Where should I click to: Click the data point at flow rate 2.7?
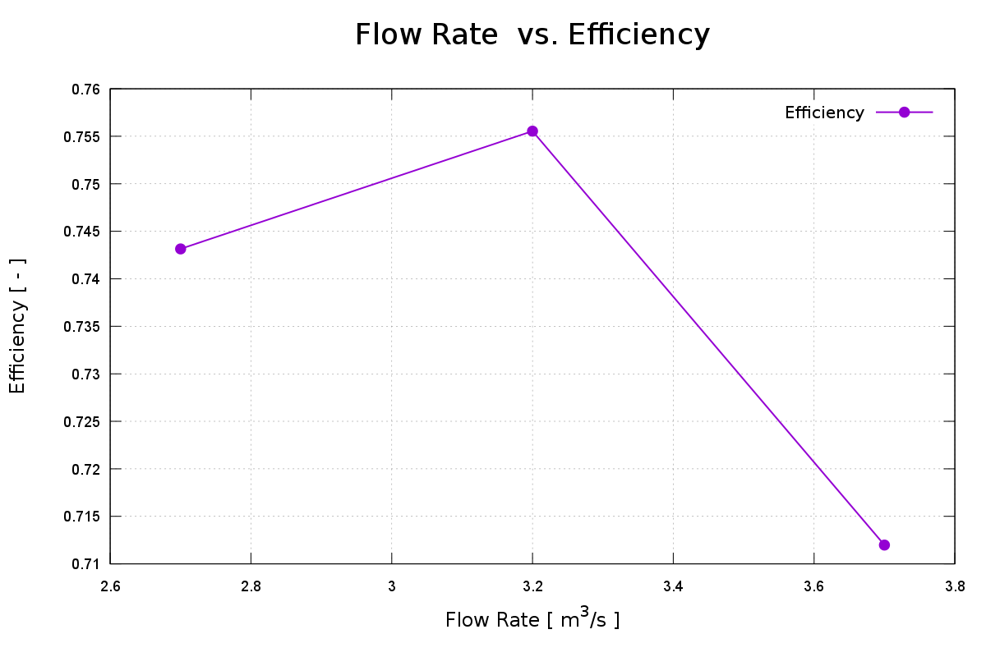(x=181, y=249)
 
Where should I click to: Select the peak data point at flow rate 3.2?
(x=532, y=131)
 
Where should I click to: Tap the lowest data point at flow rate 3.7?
(x=884, y=544)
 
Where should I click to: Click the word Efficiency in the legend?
(x=824, y=113)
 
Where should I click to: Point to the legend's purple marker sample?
(x=904, y=113)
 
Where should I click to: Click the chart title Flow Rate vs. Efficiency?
(x=532, y=34)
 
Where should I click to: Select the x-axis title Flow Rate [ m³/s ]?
(x=532, y=619)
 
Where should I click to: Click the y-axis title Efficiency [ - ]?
(x=18, y=326)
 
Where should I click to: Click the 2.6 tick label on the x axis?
(x=110, y=586)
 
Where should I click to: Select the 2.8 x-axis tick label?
(x=251, y=586)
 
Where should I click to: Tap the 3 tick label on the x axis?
(x=392, y=586)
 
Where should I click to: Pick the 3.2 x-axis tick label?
(x=532, y=586)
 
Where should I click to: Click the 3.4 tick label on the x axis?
(x=673, y=586)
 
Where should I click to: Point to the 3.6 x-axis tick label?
(x=813, y=586)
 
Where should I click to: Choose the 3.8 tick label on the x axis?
(x=955, y=586)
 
